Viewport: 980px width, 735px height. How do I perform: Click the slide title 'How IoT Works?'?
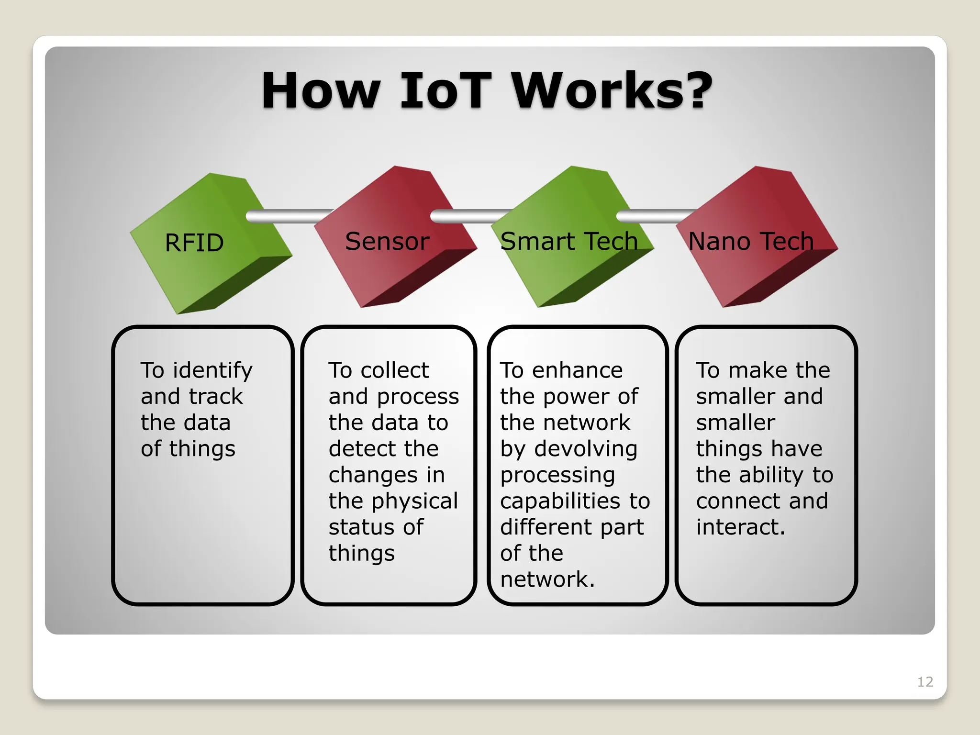pos(487,91)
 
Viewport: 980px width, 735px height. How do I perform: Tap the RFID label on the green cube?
pos(194,243)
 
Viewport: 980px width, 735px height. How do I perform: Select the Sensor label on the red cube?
pos(387,241)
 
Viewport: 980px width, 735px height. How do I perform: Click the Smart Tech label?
pos(568,241)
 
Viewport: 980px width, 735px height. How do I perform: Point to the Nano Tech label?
pos(750,241)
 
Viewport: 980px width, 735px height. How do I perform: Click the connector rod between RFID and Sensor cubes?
pos(287,216)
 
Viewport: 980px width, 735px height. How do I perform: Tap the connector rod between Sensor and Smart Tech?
pos(469,216)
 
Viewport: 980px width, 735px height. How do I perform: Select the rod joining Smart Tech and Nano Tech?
pos(653,216)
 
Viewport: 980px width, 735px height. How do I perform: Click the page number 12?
pos(925,681)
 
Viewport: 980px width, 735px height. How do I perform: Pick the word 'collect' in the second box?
pos(395,371)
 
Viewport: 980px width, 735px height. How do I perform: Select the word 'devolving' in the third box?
pos(586,449)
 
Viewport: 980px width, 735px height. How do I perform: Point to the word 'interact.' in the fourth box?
pos(740,527)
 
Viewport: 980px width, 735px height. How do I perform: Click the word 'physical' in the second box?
pos(414,501)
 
